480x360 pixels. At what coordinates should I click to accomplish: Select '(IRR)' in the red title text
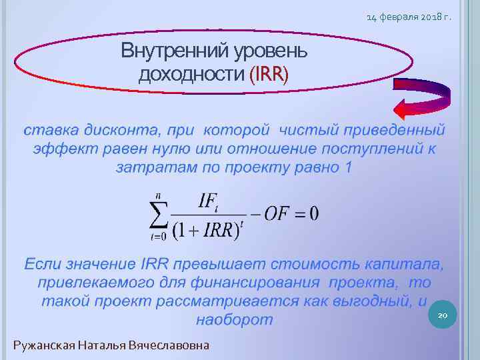point(269,73)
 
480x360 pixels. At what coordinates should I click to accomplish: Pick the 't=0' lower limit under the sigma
point(157,236)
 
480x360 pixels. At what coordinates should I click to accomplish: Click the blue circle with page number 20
point(442,313)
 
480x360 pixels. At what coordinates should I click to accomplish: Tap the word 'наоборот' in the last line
point(234,319)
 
